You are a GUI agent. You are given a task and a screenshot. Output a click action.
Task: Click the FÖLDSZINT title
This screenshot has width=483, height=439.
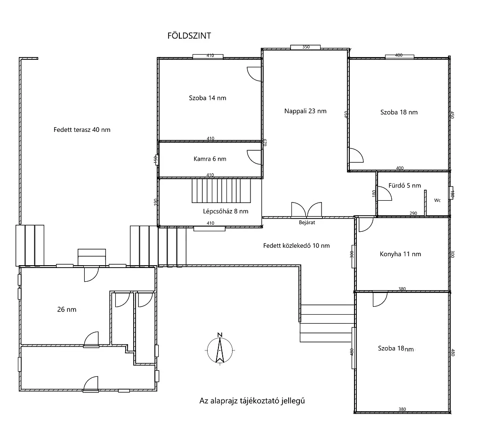189,36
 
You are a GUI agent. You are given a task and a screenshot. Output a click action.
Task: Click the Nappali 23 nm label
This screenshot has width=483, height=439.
305,111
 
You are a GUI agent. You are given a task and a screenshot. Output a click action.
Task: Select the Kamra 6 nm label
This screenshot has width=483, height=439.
210,159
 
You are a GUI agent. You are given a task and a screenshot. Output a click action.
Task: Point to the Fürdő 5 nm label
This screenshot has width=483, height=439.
404,186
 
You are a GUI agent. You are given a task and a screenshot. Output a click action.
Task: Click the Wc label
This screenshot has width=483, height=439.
437,200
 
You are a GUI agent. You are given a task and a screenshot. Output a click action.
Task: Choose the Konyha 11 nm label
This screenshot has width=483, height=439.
400,254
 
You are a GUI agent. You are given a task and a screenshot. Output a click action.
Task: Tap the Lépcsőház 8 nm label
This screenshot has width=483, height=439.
225,211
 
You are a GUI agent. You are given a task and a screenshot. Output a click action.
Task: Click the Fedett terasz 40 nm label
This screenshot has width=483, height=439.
82,130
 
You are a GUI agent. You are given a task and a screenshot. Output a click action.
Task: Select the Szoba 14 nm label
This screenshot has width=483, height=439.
208,98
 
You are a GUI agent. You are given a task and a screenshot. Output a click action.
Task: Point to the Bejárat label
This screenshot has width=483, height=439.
307,223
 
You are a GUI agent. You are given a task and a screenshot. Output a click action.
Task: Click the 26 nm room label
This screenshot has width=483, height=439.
66,309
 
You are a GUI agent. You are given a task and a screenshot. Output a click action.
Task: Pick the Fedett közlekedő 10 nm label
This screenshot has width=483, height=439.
296,246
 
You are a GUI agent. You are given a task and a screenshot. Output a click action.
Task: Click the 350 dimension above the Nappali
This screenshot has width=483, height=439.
306,47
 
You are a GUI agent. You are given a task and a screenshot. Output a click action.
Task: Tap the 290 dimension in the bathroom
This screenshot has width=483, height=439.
413,213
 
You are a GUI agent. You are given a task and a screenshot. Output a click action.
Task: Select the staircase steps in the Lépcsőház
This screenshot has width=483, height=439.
221,191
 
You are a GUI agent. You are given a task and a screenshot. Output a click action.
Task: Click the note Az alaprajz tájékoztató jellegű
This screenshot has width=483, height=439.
252,401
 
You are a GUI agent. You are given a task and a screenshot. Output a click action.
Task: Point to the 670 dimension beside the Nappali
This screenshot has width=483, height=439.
264,142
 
